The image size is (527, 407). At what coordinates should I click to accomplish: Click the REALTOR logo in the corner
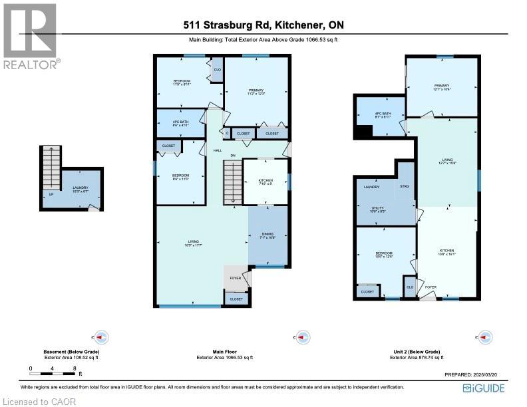pos(30,36)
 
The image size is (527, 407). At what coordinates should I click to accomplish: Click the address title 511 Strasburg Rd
pos(264,26)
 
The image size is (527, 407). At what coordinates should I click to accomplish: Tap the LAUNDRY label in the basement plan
pos(81,188)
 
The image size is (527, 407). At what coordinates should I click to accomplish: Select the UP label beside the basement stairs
pos(51,195)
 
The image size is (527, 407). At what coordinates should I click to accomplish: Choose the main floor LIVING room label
pos(193,241)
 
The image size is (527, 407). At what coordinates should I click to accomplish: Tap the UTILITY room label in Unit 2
pos(377,208)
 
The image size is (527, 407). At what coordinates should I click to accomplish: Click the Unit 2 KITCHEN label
pos(446,251)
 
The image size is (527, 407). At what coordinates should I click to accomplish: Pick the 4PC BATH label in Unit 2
pos(382,114)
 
